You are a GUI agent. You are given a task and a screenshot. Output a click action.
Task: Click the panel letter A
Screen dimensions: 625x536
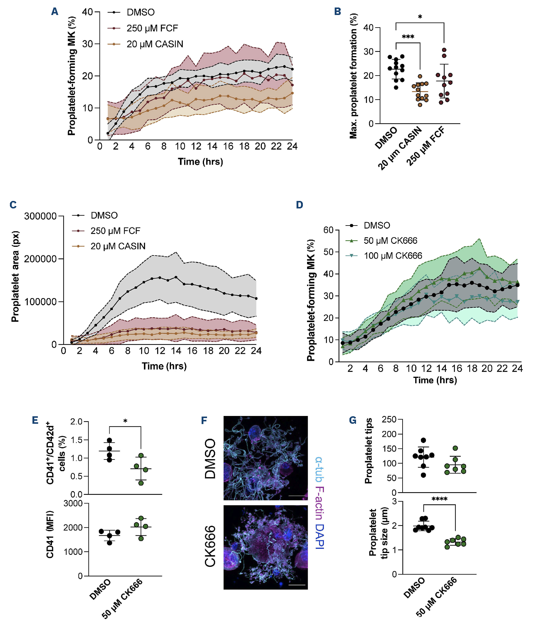(x=55, y=11)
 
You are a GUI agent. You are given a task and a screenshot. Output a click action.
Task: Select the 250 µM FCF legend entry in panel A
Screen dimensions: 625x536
(x=152, y=28)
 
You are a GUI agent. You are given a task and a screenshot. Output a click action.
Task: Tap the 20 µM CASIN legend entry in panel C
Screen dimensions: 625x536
(x=117, y=246)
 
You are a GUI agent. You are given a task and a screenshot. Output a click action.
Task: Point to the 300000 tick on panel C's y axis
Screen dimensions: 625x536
(x=40, y=216)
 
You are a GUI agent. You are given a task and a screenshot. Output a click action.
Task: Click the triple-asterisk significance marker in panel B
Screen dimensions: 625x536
(x=408, y=37)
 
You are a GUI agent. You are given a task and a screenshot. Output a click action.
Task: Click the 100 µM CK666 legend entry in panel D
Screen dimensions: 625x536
(x=392, y=256)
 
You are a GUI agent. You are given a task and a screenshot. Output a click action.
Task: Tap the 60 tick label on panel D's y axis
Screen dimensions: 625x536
(x=328, y=230)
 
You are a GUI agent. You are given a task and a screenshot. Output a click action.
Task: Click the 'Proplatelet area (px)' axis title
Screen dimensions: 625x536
(x=15, y=276)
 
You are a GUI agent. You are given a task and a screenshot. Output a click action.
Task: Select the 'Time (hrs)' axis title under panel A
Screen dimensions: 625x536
(x=200, y=162)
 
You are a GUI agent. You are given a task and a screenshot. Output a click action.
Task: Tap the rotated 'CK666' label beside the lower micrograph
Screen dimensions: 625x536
(x=210, y=546)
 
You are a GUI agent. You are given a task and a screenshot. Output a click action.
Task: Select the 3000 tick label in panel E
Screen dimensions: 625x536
(x=73, y=504)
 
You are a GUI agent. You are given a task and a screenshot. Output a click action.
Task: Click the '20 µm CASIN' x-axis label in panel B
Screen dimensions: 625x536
(x=399, y=148)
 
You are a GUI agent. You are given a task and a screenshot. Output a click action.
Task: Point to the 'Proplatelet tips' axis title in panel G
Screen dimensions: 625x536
(x=368, y=451)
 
